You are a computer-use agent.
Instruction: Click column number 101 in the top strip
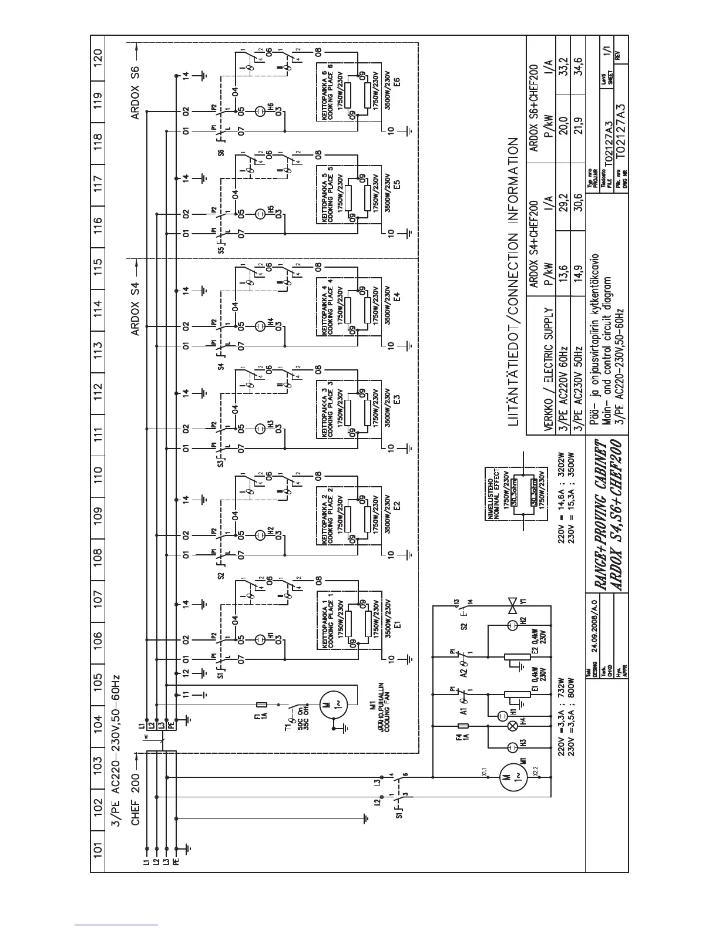[x=98, y=848]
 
